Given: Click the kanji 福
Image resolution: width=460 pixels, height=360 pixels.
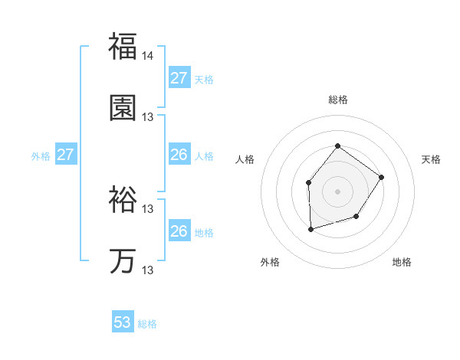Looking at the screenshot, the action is click(123, 47).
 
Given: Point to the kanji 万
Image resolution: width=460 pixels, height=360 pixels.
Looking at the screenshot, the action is click(123, 261).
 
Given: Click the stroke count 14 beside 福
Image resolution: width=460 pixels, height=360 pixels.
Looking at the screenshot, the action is click(148, 56).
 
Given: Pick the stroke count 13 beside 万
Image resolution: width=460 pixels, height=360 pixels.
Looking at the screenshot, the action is click(148, 270).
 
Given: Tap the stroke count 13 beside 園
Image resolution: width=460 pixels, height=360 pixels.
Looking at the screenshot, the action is click(148, 117).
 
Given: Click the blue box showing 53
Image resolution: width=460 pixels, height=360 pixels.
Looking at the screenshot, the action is click(123, 322).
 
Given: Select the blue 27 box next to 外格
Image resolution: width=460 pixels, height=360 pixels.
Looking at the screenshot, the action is click(65, 155).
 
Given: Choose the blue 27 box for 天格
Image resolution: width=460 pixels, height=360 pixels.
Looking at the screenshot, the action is click(179, 78).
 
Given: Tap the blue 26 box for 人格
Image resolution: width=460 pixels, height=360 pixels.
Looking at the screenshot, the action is click(179, 155).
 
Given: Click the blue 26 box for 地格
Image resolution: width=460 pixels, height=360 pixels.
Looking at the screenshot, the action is click(179, 231).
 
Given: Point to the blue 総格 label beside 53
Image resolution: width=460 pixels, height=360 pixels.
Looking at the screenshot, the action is click(147, 324).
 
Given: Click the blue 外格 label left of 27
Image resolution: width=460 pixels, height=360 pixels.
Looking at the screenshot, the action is click(41, 156).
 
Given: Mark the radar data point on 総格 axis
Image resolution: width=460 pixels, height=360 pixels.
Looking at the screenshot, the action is click(337, 146).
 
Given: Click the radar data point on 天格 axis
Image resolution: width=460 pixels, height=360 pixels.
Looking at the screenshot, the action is click(381, 178).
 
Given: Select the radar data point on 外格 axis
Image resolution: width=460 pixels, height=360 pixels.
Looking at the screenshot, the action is click(310, 229).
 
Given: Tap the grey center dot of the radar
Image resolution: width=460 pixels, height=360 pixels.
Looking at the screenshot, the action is click(337, 191).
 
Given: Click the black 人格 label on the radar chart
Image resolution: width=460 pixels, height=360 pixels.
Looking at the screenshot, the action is click(245, 159).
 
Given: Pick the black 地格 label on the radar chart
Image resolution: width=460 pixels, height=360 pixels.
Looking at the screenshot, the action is click(402, 262).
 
